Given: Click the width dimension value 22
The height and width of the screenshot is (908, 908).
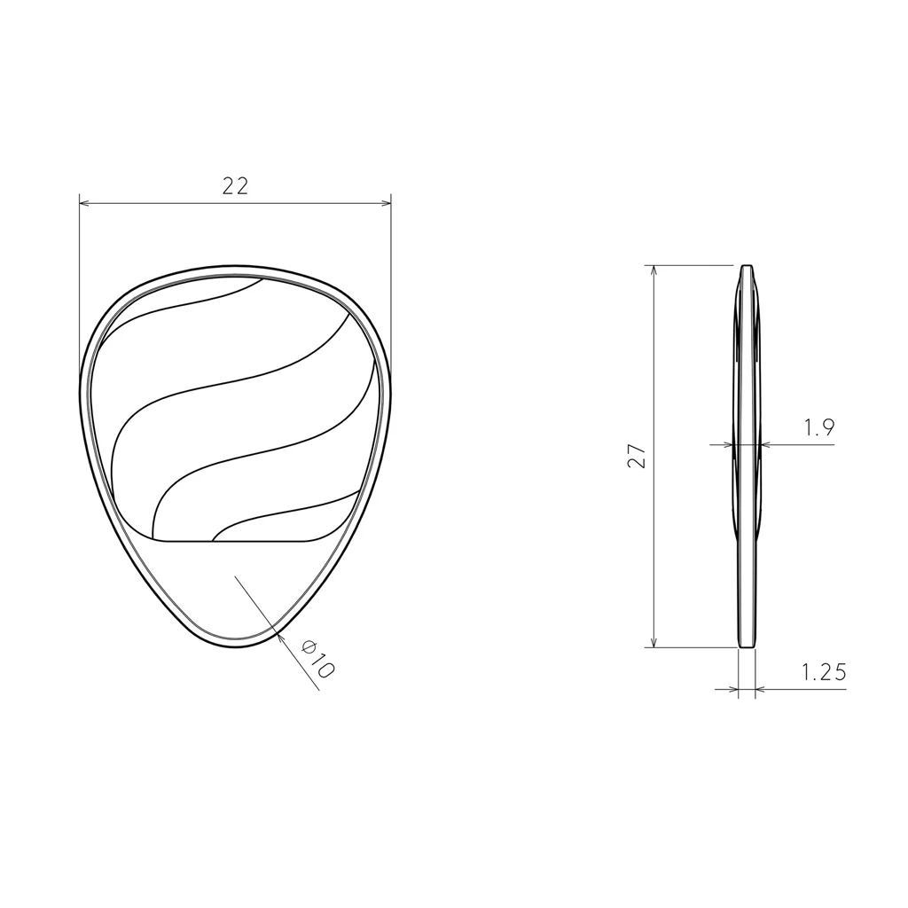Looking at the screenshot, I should point(235,186).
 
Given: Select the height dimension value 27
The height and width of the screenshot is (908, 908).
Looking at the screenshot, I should point(637,456).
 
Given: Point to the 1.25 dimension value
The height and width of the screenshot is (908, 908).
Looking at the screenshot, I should point(824,673).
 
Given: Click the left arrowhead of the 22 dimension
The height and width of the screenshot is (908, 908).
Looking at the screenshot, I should point(84,204).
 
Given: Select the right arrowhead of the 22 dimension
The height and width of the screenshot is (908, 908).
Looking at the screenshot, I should point(386,204).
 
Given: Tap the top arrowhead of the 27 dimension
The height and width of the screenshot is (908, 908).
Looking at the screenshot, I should point(654,270).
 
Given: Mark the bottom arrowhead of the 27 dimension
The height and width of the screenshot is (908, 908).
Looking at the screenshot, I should point(654,642).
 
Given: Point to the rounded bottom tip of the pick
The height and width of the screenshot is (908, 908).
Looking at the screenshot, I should point(235,645).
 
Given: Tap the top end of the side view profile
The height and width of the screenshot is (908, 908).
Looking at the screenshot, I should point(747,267).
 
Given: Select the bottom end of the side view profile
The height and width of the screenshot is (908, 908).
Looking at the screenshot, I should point(748,646).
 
